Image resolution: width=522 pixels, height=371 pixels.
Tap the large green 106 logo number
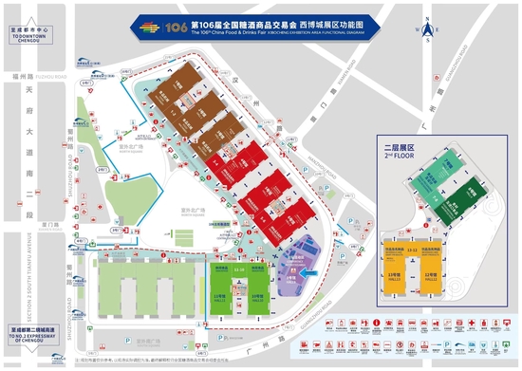pos(177,28)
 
